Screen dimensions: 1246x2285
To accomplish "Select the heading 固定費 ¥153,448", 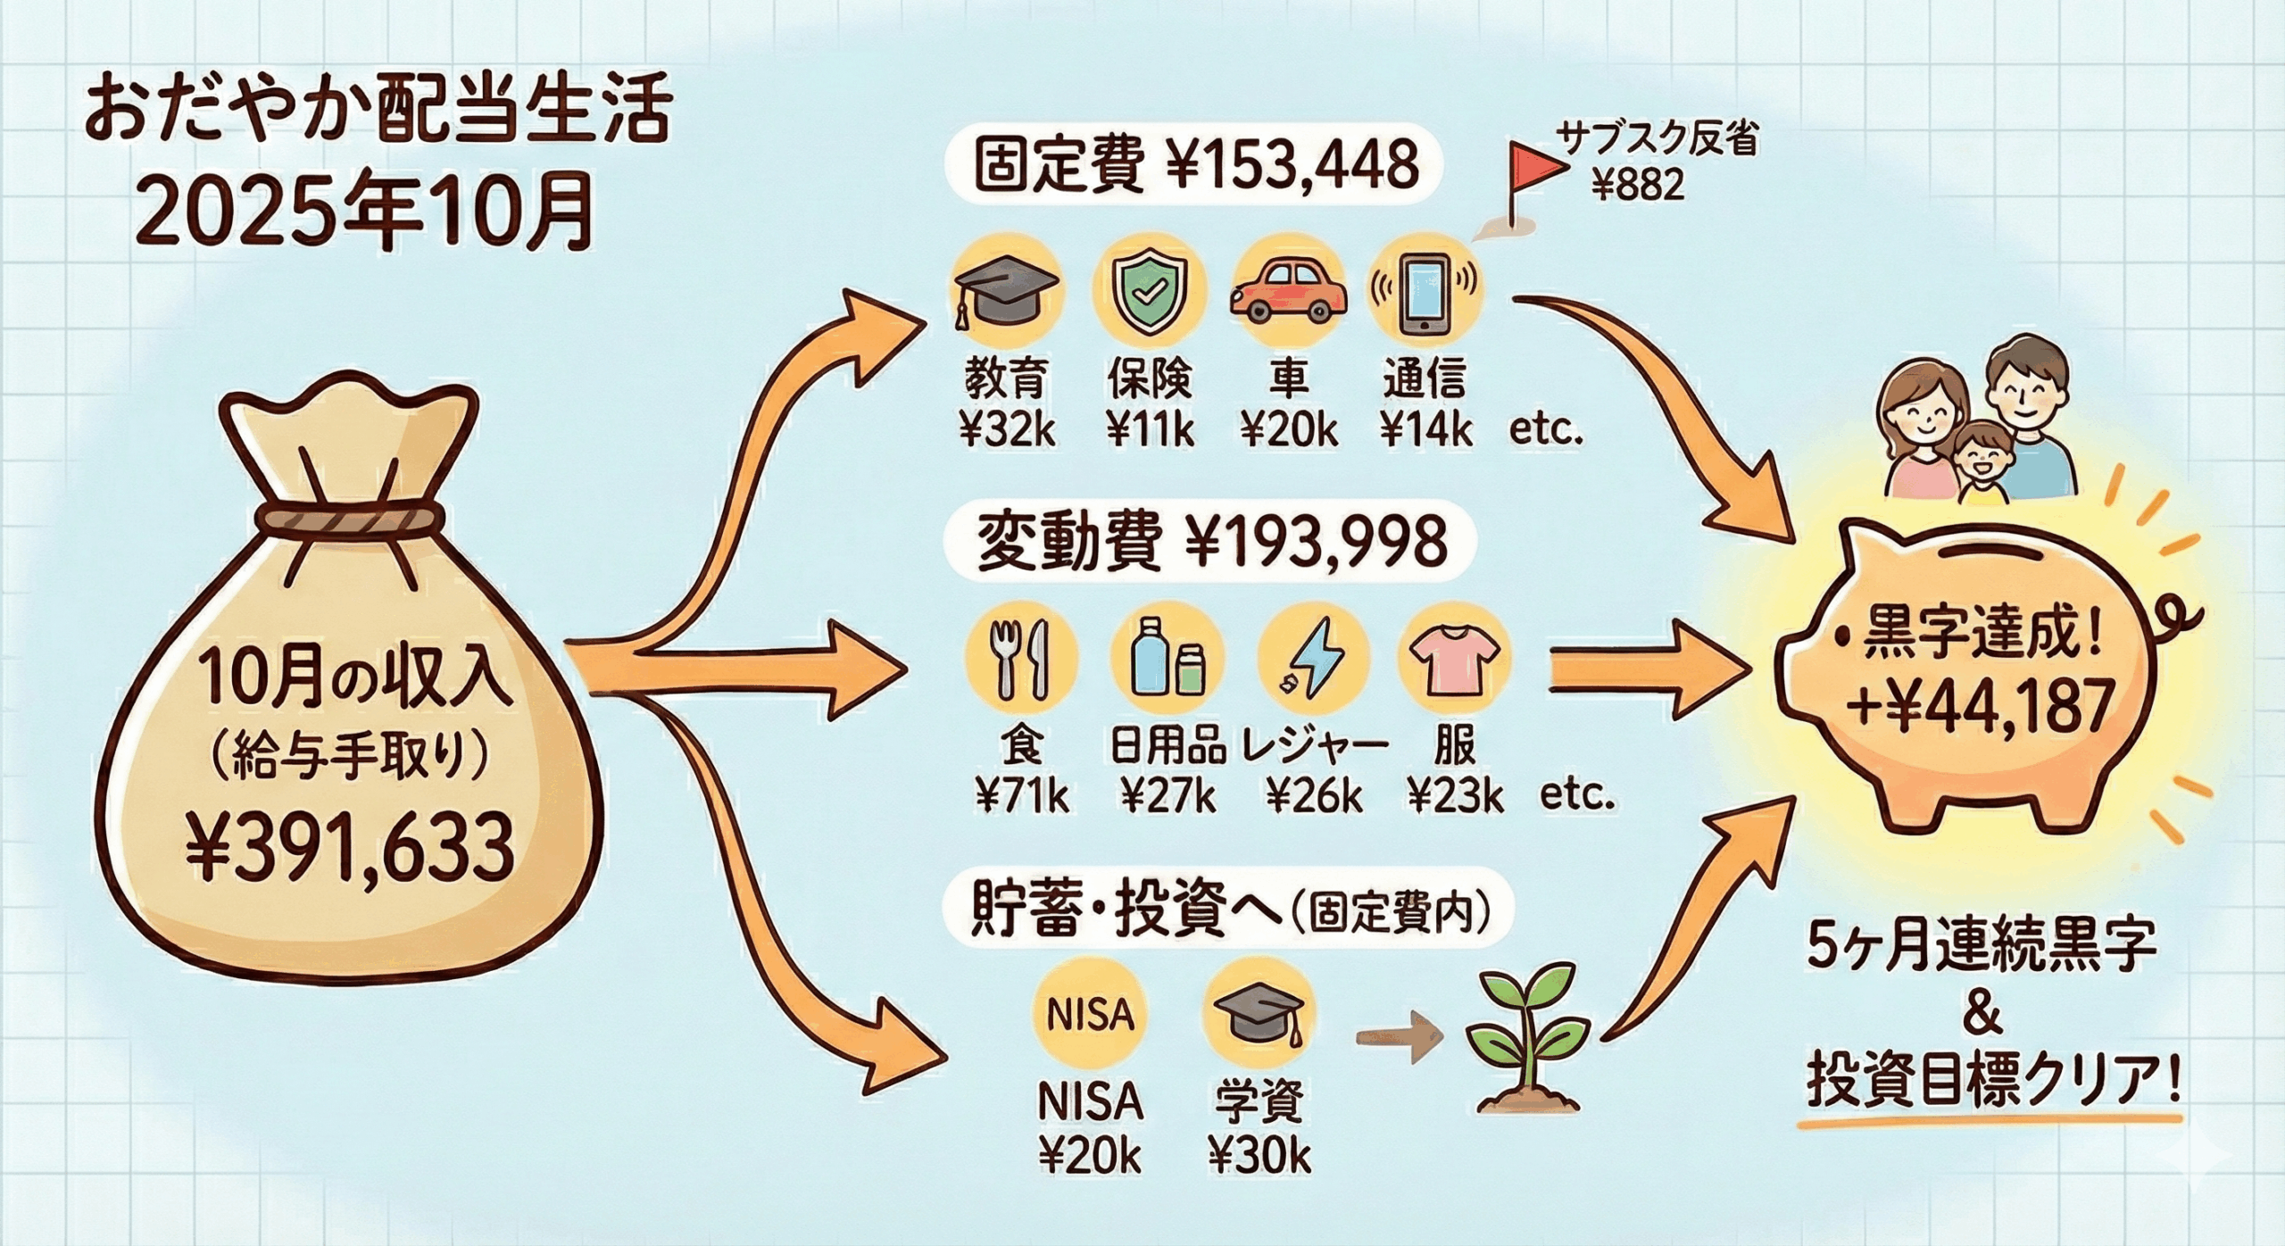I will pyautogui.click(x=1195, y=165).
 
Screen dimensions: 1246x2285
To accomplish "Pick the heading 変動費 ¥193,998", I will pyautogui.click(x=1211, y=544).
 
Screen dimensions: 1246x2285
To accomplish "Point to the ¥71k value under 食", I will pyautogui.click(x=1021, y=795).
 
